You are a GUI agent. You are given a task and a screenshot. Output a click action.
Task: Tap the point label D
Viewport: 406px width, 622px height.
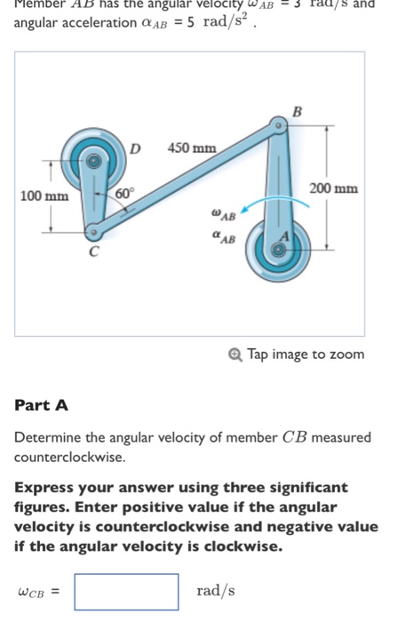pos(136,148)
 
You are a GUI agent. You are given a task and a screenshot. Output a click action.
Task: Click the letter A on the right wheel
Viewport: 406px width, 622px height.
pos(286,235)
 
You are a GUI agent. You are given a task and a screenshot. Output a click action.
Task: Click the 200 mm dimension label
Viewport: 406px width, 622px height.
pos(334,188)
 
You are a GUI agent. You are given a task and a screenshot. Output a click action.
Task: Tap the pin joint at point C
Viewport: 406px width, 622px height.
pos(92,234)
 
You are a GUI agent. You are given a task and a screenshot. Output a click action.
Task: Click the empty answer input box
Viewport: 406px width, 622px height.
pos(126,591)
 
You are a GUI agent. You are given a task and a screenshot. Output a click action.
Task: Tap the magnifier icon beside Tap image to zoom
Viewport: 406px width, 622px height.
pos(235,354)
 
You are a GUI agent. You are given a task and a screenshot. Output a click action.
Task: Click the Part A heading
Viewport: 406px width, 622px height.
pos(42,405)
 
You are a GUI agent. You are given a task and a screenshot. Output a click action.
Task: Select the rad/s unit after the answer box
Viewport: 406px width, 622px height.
pos(216,591)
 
